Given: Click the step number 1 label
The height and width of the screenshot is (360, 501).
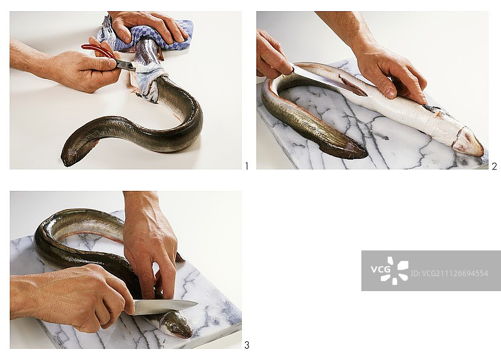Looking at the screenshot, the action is (x=246, y=166).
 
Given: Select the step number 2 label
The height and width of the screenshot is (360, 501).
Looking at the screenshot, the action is (x=494, y=166).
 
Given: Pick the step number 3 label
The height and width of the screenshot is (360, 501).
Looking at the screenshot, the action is (x=247, y=345).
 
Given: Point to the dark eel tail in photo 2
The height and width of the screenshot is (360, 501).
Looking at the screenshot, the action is (x=342, y=148).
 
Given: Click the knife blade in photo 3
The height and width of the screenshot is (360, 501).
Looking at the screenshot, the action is (x=165, y=307).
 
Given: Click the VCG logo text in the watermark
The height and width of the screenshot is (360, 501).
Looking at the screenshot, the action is (x=380, y=269).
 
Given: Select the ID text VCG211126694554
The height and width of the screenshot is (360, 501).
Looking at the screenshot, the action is (x=449, y=274).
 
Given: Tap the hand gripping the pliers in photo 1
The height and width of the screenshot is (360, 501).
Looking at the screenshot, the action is (x=70, y=66).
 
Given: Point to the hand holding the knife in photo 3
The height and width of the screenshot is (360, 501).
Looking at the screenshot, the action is (x=73, y=296).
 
